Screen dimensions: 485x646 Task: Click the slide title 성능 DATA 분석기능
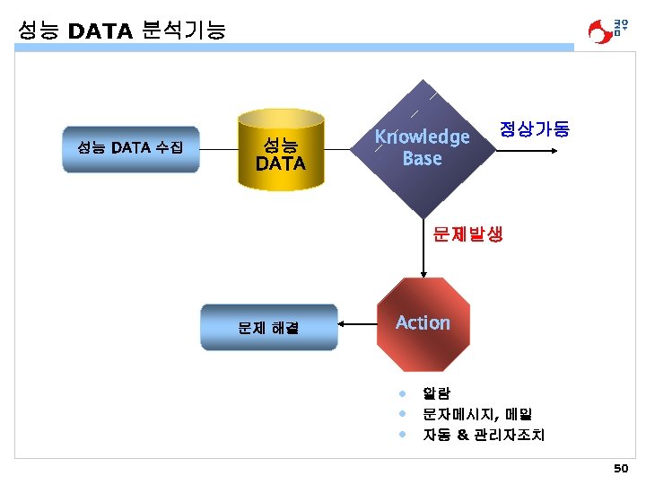click(x=121, y=31)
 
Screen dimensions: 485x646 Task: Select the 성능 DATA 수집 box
click(x=130, y=148)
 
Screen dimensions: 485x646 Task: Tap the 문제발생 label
click(x=467, y=234)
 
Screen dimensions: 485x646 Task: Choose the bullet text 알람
click(x=437, y=392)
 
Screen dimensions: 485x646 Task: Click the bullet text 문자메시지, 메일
click(x=477, y=414)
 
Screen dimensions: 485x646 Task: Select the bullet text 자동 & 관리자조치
click(x=484, y=435)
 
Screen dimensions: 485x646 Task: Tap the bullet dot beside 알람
click(x=404, y=392)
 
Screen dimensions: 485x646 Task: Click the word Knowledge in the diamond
click(x=422, y=137)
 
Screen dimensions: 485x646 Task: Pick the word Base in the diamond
click(x=422, y=158)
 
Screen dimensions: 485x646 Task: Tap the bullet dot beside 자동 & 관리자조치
click(x=404, y=435)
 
